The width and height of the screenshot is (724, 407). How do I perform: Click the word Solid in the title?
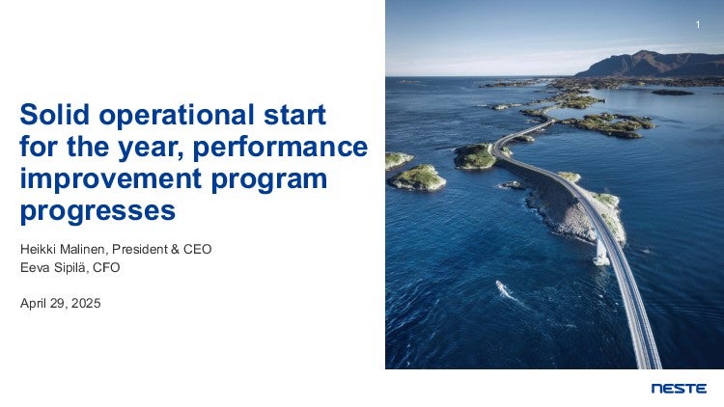(x=54, y=114)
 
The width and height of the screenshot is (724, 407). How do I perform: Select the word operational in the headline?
(x=177, y=117)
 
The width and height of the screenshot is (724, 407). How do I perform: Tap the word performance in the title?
(x=280, y=149)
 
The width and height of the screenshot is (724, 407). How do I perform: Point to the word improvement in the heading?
(x=111, y=179)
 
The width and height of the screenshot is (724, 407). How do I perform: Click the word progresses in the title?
(x=97, y=213)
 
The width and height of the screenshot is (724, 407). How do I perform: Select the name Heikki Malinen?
(x=63, y=249)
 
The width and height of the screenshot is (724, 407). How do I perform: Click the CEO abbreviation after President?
(x=197, y=249)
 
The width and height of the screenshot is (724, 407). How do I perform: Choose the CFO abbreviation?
(x=106, y=268)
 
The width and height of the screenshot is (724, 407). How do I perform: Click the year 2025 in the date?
(x=86, y=303)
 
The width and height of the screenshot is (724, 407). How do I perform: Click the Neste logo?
(x=679, y=389)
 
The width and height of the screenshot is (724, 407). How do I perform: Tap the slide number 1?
(x=698, y=24)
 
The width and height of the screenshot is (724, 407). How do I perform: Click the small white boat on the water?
(x=502, y=288)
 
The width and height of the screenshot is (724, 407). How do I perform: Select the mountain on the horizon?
(x=650, y=64)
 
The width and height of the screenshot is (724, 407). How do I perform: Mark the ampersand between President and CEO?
(x=175, y=249)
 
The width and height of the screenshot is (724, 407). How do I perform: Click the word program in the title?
(x=268, y=181)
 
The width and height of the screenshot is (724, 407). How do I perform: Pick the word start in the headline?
(x=294, y=115)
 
